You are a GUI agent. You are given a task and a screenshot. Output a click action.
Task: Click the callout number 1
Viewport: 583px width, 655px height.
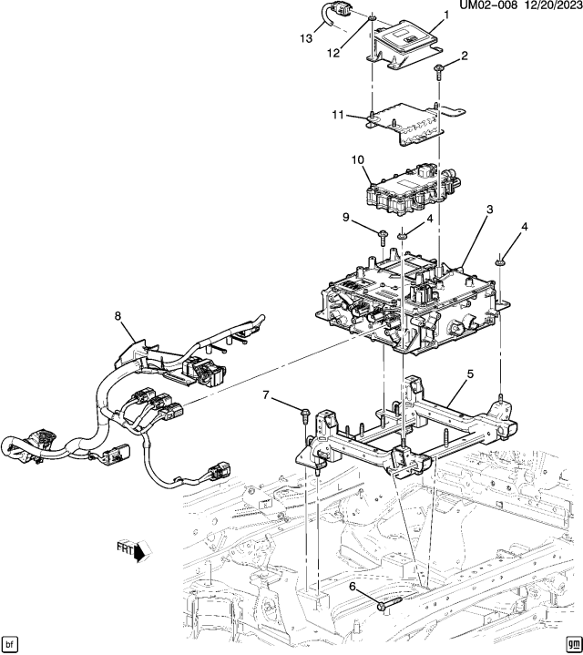coord(446,15)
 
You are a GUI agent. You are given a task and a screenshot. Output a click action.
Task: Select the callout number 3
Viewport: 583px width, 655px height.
coord(489,210)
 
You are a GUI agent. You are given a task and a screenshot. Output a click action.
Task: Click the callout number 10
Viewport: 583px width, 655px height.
coord(357,159)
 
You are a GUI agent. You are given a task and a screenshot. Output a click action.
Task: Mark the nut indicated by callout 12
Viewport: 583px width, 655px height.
coord(373,17)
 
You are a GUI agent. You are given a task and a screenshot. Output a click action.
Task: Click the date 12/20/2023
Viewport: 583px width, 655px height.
coord(546,6)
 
